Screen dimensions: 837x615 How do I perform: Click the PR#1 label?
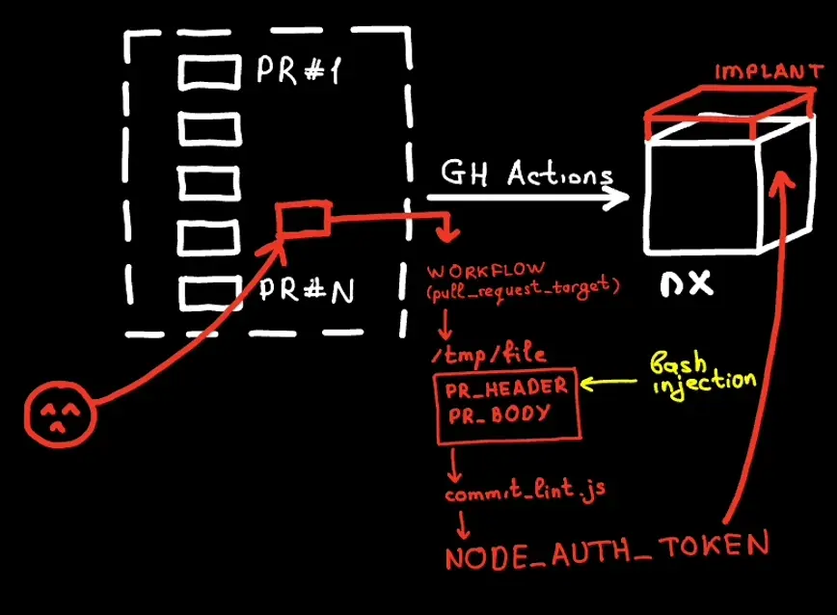click(x=298, y=69)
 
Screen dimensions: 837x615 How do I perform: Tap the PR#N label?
click(x=307, y=290)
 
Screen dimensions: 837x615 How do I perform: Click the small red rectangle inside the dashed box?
click(x=303, y=218)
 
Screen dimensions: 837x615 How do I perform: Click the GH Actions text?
click(x=526, y=173)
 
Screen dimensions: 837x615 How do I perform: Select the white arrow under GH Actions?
click(x=527, y=198)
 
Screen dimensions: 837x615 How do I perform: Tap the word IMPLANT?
click(x=769, y=71)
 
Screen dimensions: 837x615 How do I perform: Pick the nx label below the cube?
click(x=687, y=283)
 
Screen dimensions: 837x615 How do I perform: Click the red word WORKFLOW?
click(x=486, y=271)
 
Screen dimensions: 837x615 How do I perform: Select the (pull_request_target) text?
click(x=523, y=289)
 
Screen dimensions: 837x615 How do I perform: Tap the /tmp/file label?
click(x=489, y=354)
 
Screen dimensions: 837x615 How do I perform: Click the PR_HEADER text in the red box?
click(x=506, y=388)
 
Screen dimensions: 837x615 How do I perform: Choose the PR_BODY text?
click(x=499, y=414)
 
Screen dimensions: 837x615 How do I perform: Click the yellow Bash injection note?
click(x=702, y=374)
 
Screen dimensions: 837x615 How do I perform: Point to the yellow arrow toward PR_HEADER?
click(x=608, y=383)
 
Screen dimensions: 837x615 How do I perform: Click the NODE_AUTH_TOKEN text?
click(x=607, y=551)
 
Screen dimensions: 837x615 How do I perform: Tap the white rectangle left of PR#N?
click(x=209, y=293)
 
